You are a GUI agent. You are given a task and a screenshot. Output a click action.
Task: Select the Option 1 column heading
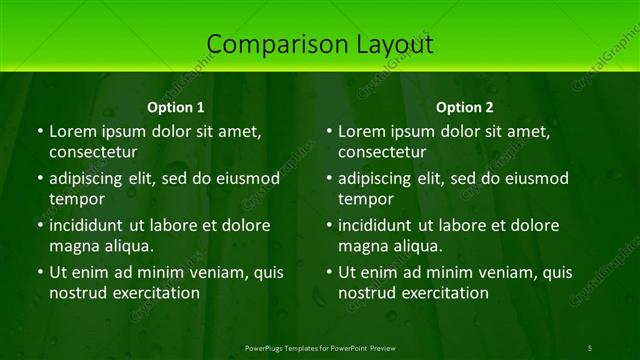point(176,107)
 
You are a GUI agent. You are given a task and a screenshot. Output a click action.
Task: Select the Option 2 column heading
point(465,107)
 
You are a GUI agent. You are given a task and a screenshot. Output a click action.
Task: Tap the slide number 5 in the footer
point(590,347)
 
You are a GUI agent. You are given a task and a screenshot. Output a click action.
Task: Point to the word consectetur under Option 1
point(93,152)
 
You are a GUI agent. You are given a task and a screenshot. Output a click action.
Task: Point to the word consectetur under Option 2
point(382,152)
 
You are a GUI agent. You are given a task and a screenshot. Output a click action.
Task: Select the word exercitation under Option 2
point(444,293)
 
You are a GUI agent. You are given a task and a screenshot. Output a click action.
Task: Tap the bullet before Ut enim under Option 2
point(329,272)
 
